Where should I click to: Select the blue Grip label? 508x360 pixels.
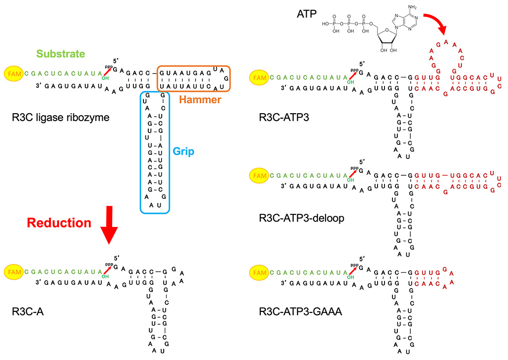[x=183, y=151]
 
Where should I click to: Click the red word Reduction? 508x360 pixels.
[x=59, y=223]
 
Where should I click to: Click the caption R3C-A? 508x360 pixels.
[x=26, y=312]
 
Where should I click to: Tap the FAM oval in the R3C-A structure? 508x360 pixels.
[x=14, y=272]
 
